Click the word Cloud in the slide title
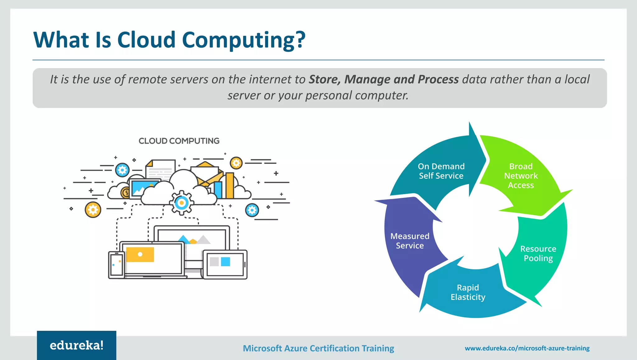pos(146,40)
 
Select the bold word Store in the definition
pos(324,79)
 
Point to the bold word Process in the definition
pos(438,79)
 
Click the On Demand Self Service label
pos(441,171)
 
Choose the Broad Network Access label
pos(521,176)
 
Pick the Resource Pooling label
pos(538,253)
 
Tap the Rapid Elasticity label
pos(468,292)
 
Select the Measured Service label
pos(410,241)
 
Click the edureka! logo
pos(77,345)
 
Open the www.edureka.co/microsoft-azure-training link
pos(527,348)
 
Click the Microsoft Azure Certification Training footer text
pos(318,348)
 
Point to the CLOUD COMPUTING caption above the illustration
pos(179,141)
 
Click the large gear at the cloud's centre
pos(182,203)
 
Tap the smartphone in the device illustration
pos(116,265)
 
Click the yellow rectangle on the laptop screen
pos(140,255)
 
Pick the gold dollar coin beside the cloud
pos(126,193)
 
